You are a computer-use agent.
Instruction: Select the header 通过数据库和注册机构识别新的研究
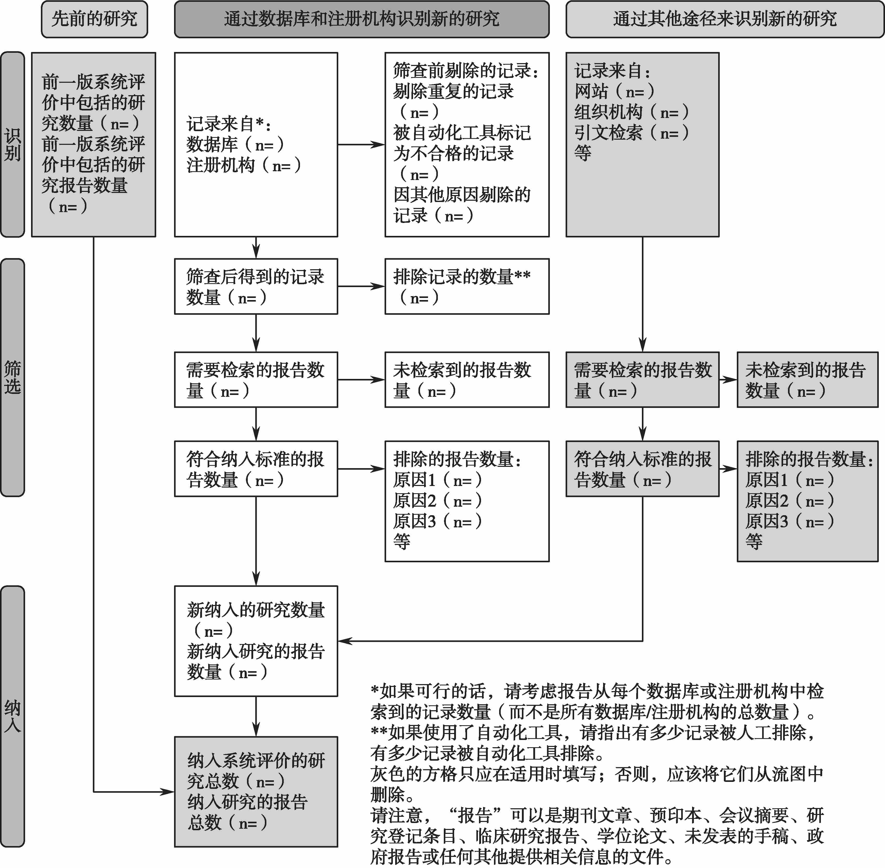(362, 19)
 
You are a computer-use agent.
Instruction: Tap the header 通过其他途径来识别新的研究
(724, 19)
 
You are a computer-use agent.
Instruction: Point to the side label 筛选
(12, 377)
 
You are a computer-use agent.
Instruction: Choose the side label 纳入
(12, 716)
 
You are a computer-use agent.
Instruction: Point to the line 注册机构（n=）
(244, 165)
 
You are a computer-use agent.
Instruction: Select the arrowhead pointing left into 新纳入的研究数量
(345, 641)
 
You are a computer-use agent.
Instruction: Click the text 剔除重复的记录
(454, 91)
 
